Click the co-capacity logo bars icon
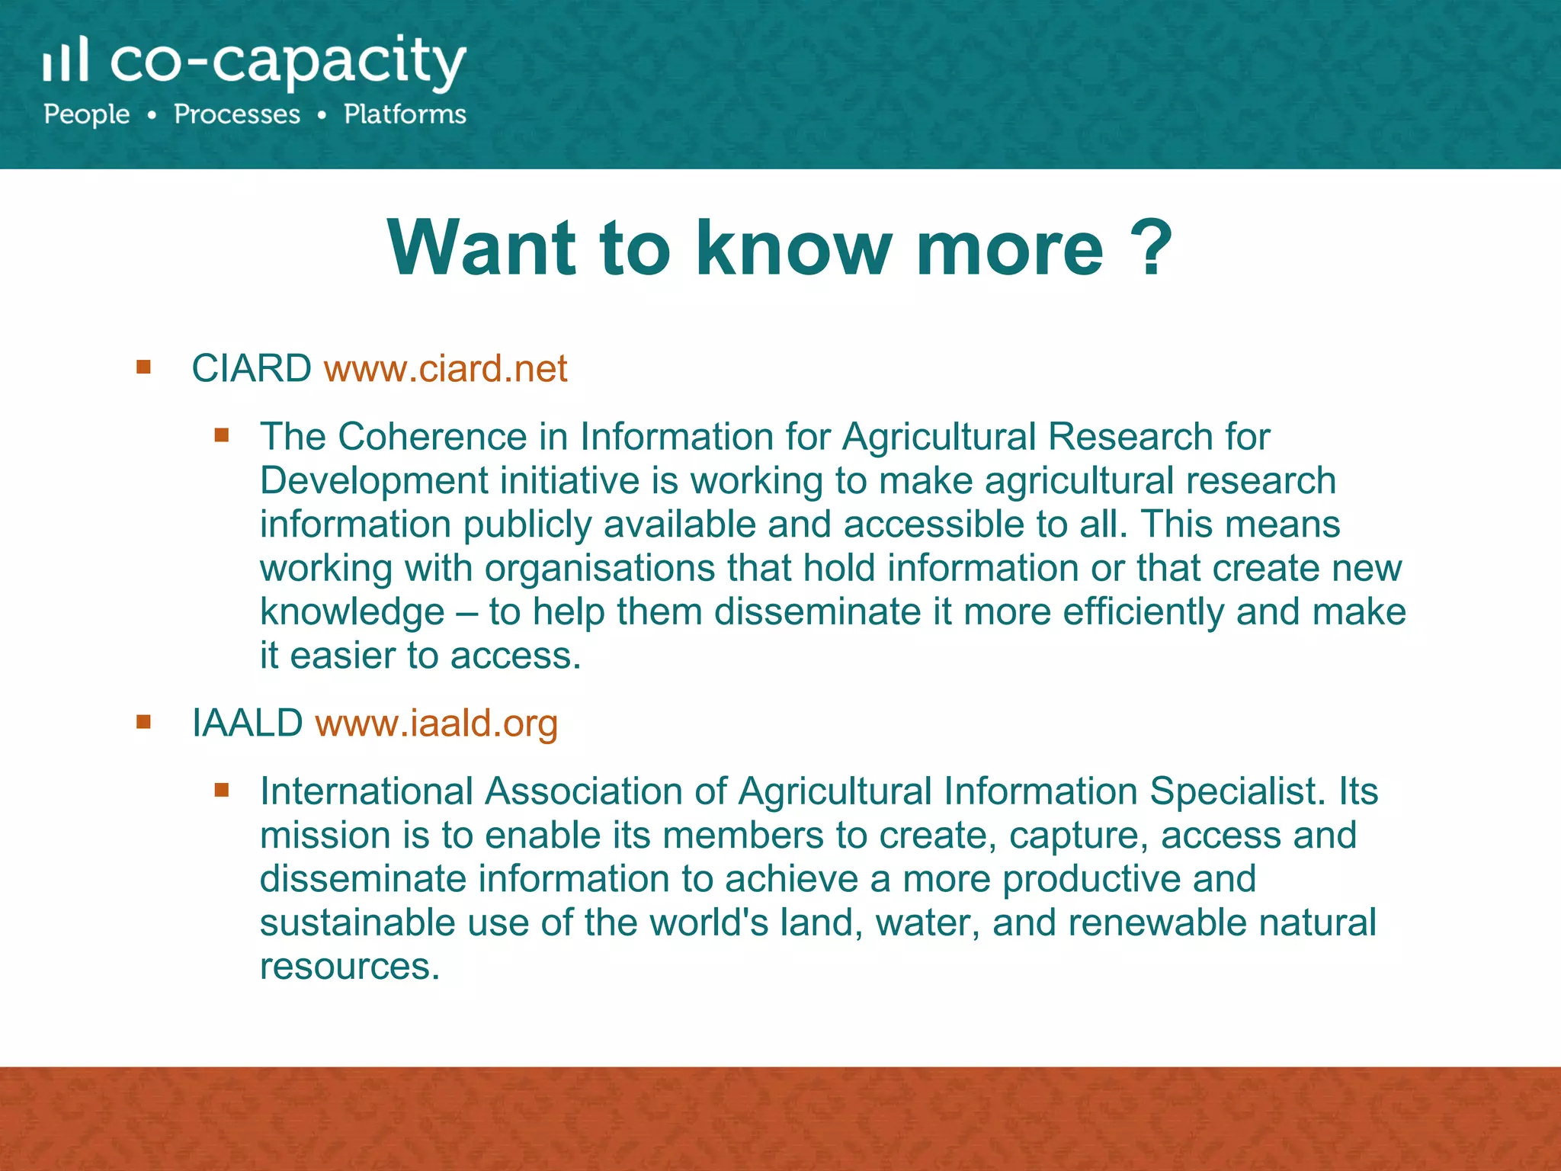[66, 60]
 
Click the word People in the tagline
[87, 114]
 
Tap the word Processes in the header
[237, 114]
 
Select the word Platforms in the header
[405, 114]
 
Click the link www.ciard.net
[446, 369]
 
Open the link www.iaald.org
[437, 723]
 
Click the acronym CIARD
[251, 369]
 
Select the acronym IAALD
[247, 723]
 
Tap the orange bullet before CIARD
[143, 368]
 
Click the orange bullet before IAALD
[143, 721]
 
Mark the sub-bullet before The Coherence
[222, 435]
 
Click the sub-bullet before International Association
[222, 790]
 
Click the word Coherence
[432, 437]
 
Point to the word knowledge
[352, 612]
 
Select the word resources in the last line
[350, 967]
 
